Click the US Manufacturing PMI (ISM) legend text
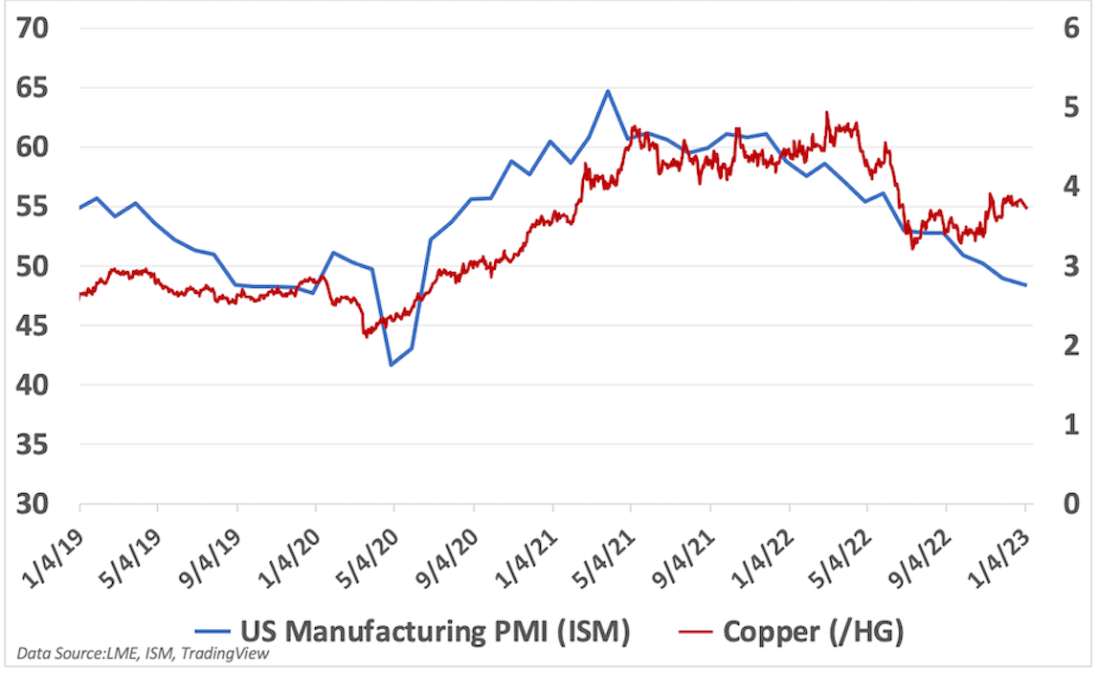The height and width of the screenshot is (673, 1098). pos(435,631)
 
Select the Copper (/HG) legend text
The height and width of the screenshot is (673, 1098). pos(813,631)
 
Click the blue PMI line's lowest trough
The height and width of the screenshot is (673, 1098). pos(392,366)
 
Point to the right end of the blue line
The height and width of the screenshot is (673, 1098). pos(1027,285)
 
